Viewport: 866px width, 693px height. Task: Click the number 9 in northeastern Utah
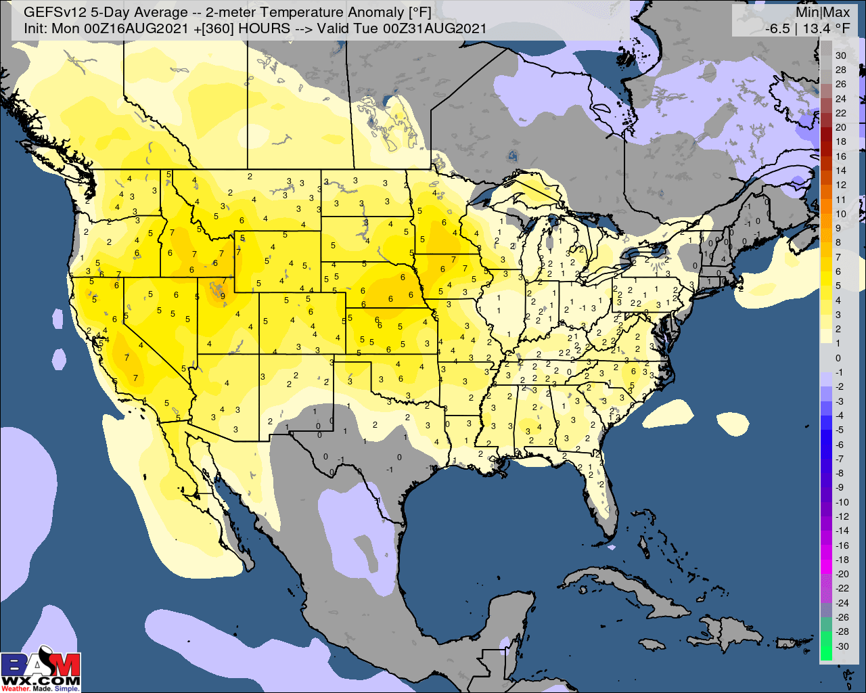223,296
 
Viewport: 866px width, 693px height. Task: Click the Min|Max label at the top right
823,13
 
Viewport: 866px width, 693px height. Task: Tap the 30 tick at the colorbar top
840,55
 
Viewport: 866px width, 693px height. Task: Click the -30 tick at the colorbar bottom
842,646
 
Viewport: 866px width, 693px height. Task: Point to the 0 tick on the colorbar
838,358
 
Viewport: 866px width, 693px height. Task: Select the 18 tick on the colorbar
840,141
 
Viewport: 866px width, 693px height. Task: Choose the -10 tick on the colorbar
842,501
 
